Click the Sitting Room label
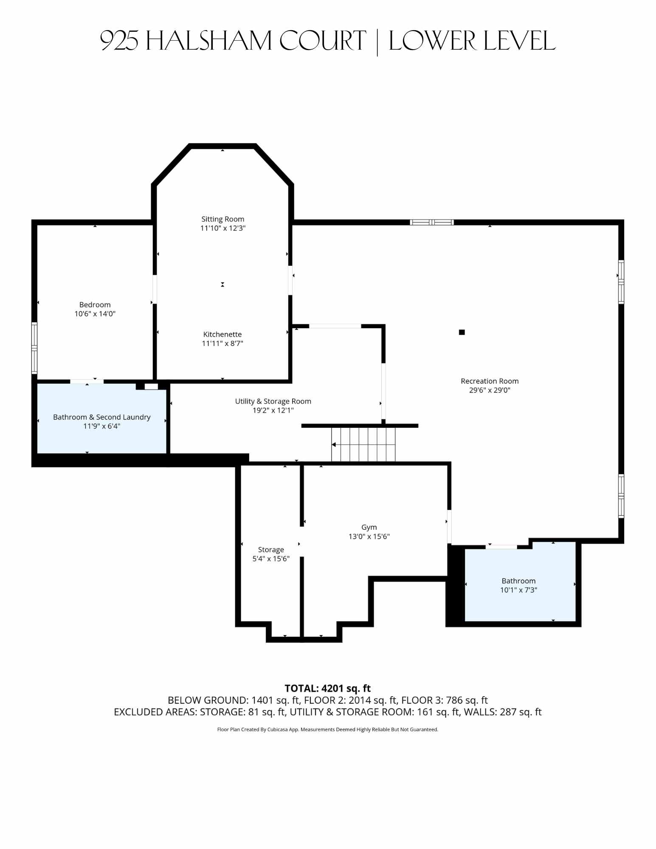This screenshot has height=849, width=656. click(x=223, y=219)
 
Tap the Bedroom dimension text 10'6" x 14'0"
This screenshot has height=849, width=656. click(x=95, y=314)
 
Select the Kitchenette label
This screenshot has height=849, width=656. click(x=222, y=334)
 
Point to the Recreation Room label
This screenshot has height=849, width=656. click(x=490, y=381)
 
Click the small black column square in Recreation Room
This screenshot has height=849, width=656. click(x=462, y=332)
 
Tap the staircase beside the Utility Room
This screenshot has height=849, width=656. click(x=363, y=444)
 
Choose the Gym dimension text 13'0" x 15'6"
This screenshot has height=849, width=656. click(x=369, y=536)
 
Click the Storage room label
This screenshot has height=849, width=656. click(x=271, y=549)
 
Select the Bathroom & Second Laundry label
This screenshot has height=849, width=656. click(x=102, y=417)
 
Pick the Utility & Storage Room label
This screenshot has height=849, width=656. click(x=273, y=401)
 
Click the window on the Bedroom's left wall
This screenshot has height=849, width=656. click(x=34, y=348)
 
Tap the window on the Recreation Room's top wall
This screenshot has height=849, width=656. click(x=432, y=222)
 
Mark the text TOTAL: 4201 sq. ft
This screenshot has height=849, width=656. click(x=328, y=688)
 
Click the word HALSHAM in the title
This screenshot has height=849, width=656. click(x=208, y=41)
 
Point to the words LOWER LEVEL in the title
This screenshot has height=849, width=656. click(x=472, y=41)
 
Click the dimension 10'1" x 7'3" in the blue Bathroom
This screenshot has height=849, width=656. click(x=518, y=590)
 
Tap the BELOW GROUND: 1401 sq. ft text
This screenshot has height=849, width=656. click(x=234, y=700)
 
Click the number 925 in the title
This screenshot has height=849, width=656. click(x=119, y=41)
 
